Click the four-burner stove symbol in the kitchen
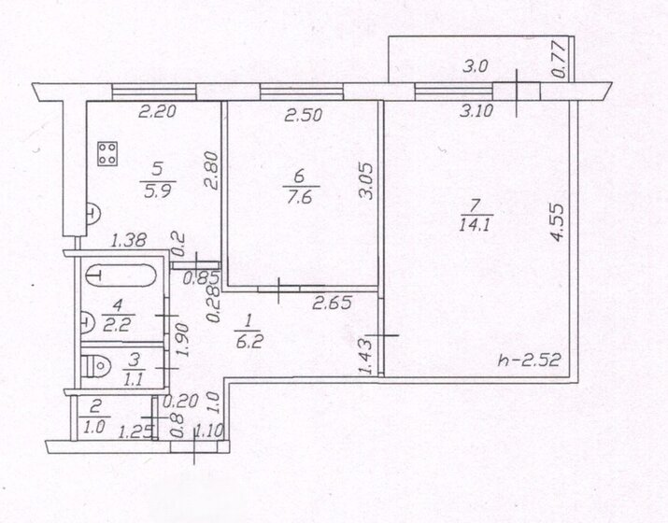coord(107,153)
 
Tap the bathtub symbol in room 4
coord(121,276)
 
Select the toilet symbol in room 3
coord(96,366)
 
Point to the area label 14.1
coord(476,224)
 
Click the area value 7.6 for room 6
coord(300,197)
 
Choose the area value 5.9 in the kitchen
coord(158,191)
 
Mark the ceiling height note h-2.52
coord(529,360)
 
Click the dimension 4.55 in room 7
coord(557,222)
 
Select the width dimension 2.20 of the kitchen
coord(158,111)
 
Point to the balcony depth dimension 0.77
coord(560,59)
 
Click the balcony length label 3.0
coord(476,67)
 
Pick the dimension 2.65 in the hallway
coord(332,303)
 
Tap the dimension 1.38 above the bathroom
coord(129,240)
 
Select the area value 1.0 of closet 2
coord(94,427)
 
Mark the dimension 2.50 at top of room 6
coord(303,115)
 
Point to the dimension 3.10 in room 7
coord(476,111)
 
